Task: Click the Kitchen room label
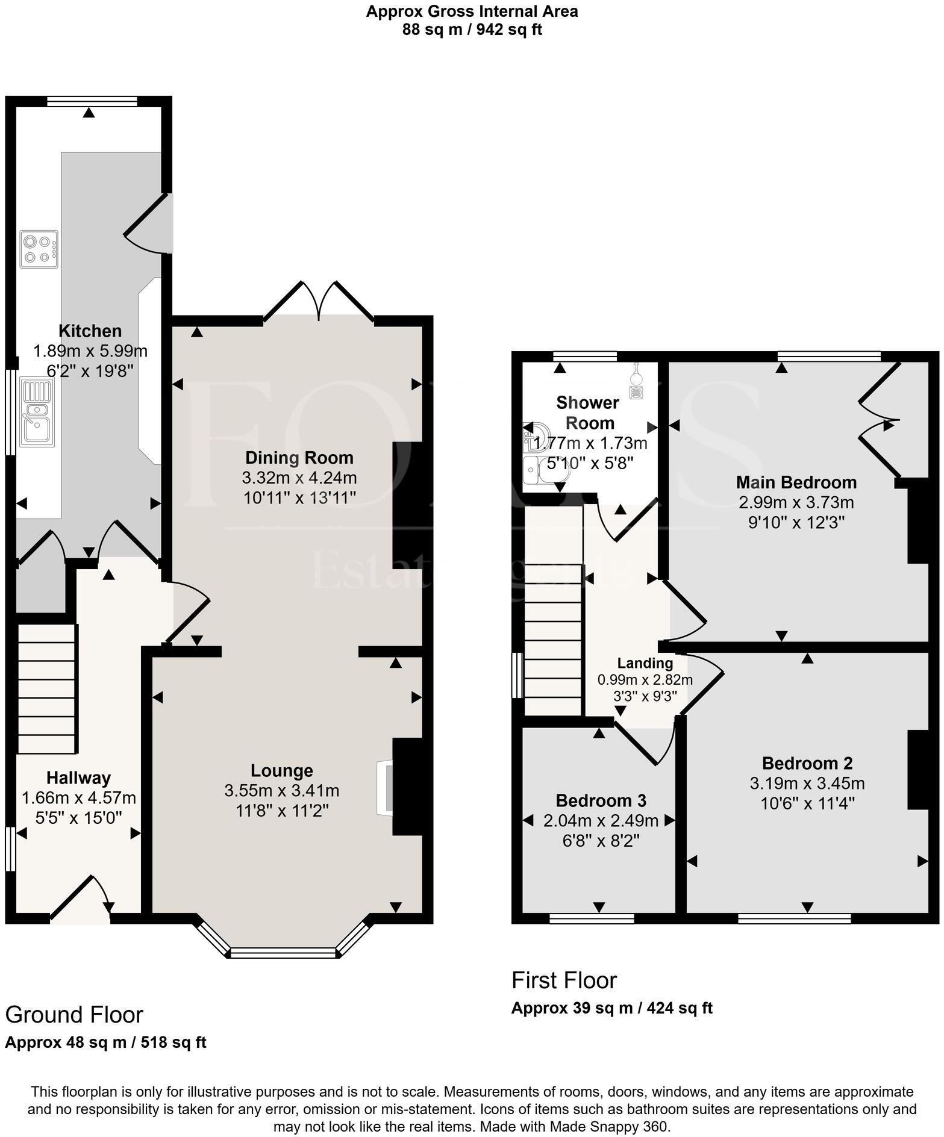click(90, 331)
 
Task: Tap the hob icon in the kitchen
click(39, 249)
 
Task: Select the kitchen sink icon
click(37, 412)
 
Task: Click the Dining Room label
click(299, 458)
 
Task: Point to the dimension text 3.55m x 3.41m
click(281, 790)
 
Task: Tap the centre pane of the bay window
click(283, 952)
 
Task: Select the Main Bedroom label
click(796, 482)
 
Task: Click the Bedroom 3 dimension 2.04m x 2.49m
click(601, 820)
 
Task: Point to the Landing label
click(645, 663)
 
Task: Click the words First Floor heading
click(564, 981)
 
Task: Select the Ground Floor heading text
click(74, 1015)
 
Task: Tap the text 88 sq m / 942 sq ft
click(472, 30)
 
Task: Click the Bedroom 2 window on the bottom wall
click(794, 918)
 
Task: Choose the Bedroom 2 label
click(807, 763)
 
